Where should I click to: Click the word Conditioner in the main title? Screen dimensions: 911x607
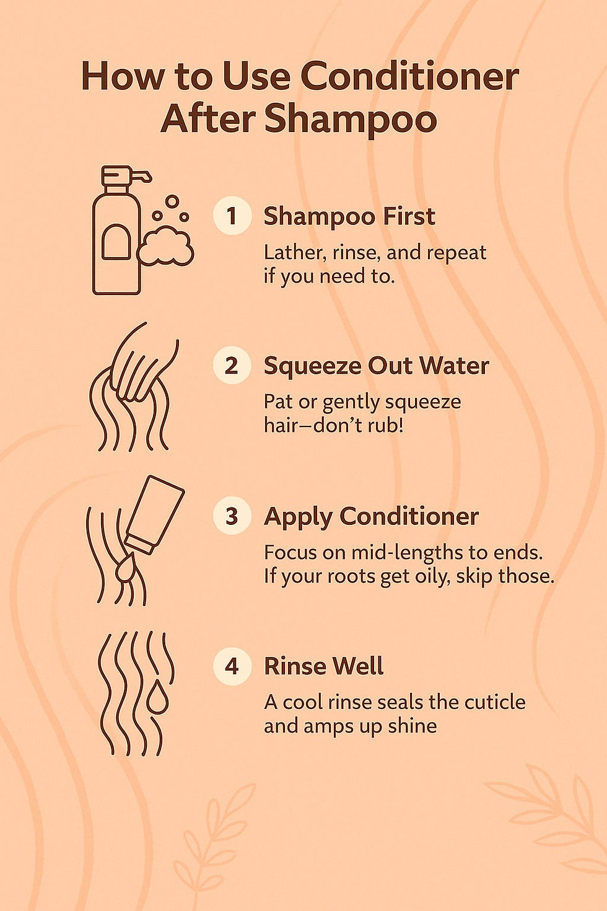tap(409, 77)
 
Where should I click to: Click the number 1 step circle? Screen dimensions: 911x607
tap(232, 216)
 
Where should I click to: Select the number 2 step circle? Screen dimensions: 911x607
tap(232, 365)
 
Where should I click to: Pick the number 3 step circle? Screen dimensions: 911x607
tap(232, 516)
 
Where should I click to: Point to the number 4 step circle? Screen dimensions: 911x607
tap(232, 666)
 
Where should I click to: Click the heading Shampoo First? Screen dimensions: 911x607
tap(349, 216)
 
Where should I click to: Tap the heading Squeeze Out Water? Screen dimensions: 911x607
tap(376, 366)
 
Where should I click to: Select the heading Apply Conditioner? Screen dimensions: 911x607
tap(371, 516)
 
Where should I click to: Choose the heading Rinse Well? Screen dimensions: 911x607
tap(323, 666)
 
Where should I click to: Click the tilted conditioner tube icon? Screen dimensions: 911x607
tap(155, 514)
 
